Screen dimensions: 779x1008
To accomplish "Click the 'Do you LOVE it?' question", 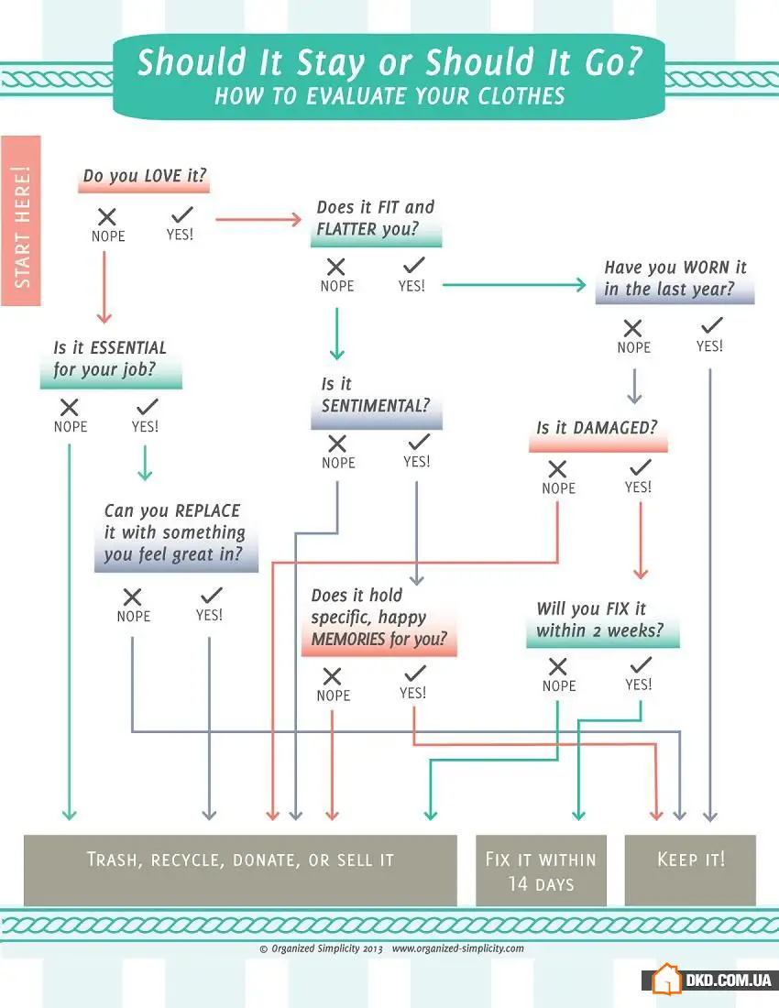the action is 145,176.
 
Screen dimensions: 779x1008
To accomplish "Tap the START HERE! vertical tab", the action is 21,221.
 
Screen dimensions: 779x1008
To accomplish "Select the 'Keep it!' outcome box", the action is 690,870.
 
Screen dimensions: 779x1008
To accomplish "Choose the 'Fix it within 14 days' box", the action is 542,871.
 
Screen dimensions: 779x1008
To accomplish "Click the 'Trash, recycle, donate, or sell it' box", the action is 240,871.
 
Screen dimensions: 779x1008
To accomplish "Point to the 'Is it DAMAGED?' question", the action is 598,428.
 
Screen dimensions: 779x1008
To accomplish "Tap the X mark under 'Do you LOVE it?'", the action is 107,216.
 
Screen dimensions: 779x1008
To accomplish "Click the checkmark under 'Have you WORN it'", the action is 711,325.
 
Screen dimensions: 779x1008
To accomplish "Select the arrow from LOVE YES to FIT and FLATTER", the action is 258,220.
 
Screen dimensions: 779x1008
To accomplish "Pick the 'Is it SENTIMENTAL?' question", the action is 376,395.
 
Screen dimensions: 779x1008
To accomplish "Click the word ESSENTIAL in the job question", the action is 128,348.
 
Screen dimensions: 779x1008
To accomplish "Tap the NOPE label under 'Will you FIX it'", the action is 559,686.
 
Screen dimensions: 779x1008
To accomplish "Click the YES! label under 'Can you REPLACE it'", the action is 210,615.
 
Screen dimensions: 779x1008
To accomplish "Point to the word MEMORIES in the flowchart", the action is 347,639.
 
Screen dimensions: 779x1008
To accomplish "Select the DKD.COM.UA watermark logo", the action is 711,980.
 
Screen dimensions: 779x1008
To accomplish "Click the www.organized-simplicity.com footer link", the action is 457,948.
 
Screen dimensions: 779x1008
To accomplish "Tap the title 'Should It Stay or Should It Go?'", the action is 389,62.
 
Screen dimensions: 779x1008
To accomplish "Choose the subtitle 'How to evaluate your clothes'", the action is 389,96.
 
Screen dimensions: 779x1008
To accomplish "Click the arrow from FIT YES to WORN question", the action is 514,285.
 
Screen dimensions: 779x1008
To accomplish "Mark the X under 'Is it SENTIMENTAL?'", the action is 337,444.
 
